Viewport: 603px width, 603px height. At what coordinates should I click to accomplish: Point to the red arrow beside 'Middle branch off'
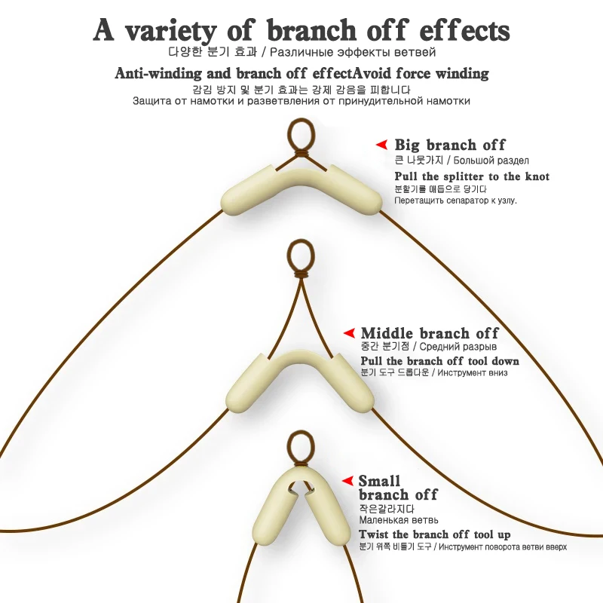349,332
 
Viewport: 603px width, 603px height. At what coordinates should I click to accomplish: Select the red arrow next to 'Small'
347,480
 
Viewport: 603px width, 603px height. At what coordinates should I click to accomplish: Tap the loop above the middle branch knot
299,253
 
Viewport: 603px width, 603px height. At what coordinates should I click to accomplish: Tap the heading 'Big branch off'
450,145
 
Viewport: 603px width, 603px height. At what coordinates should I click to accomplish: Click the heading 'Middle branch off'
430,333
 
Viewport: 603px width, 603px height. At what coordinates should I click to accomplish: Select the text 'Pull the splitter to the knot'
472,176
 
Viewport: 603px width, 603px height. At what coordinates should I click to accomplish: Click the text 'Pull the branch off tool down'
439,361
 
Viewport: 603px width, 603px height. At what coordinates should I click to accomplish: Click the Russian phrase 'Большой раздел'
493,161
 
